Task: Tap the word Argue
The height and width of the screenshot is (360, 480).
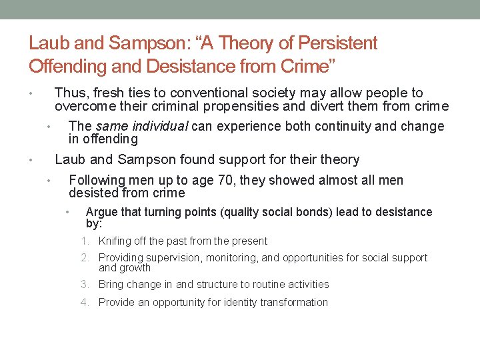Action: [101, 212]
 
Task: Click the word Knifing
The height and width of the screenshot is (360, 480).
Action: [115, 241]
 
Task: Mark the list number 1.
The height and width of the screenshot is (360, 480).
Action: [85, 241]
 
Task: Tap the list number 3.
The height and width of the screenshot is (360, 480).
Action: [85, 285]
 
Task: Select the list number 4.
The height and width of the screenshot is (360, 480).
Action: [85, 303]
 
